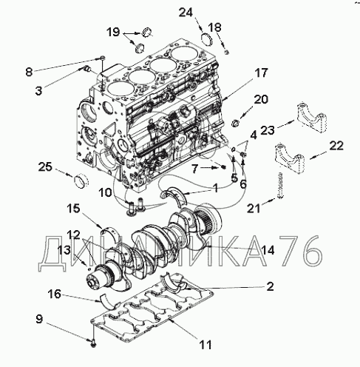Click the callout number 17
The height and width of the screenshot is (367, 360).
point(261,73)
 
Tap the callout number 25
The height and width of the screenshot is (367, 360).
point(45,167)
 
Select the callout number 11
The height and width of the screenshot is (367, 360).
point(206,345)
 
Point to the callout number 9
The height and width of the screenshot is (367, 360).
point(39,320)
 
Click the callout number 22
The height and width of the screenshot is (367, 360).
point(336,146)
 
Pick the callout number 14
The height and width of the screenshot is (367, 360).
point(268,251)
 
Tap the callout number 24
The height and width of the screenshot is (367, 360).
point(186,13)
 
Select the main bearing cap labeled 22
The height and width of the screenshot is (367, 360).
point(290,160)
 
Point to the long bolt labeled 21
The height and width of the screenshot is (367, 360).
point(280,185)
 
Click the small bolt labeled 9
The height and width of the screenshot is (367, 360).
point(94,343)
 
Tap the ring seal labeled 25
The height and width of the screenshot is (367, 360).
point(81,181)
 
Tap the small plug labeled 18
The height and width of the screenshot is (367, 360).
point(227,52)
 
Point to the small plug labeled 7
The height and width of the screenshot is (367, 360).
point(224,167)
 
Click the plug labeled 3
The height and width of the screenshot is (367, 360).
point(87,68)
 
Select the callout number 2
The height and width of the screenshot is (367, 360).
point(271,287)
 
